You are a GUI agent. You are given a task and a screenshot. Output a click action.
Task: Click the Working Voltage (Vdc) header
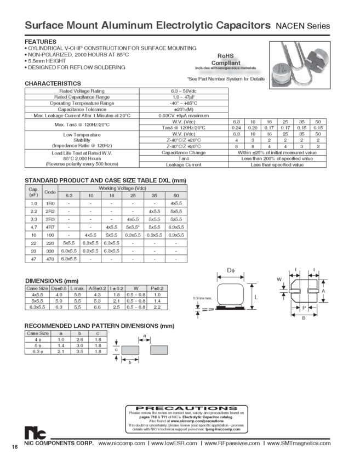tap(122, 188)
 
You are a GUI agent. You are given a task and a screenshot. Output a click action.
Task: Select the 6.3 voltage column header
tap(69, 195)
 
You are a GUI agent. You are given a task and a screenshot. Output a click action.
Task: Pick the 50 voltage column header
tap(176, 195)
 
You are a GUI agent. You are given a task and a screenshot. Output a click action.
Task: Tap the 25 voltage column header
tap(133, 195)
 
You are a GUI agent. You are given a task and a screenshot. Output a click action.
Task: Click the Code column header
tap(50, 192)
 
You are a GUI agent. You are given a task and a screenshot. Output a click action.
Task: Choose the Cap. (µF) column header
tap(32, 192)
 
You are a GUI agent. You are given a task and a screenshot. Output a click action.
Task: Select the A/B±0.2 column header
tap(97, 288)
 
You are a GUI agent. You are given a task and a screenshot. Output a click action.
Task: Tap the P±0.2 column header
tap(157, 288)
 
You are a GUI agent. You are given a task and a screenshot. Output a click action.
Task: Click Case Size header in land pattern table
tap(37, 333)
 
